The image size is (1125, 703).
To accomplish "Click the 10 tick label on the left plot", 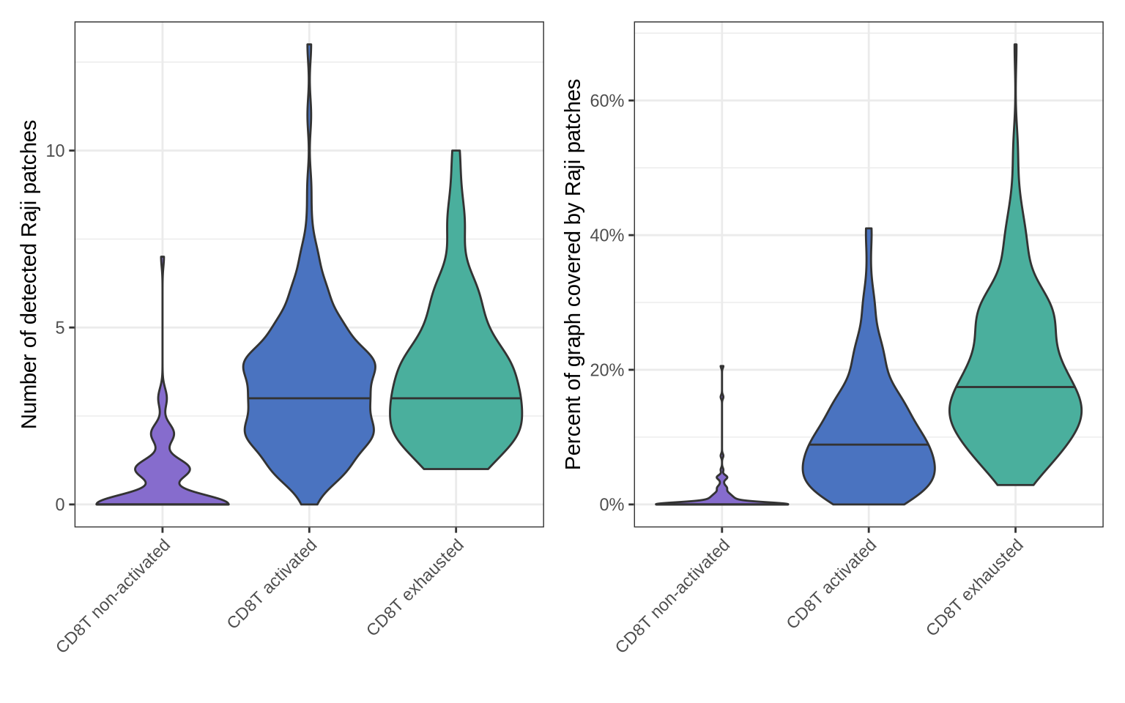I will coord(55,151).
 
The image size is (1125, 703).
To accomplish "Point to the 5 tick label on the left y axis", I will coord(60,327).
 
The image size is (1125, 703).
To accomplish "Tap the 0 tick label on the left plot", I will coord(60,505).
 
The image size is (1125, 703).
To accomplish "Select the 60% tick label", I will coord(607,100).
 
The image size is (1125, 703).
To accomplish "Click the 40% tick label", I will coord(607,235).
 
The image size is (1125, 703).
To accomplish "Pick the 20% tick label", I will coord(607,370).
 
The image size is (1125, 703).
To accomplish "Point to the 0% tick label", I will coord(612,505).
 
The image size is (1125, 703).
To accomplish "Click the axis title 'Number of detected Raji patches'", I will coord(29,275).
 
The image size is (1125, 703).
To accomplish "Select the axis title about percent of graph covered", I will coord(573,275).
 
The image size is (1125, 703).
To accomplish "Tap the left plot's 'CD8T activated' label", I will coord(272,584).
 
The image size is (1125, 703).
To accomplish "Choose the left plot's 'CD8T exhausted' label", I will coord(415,587).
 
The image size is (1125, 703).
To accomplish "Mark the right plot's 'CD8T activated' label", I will coord(831,584).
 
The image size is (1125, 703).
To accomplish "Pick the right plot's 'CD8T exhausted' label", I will coord(975,587).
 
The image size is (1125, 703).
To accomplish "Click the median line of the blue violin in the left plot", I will coord(309,398).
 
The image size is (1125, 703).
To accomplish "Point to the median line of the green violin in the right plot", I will coord(1015,387).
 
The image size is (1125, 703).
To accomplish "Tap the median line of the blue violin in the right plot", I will coord(869,445).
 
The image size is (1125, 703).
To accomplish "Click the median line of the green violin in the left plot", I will coord(456,398).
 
